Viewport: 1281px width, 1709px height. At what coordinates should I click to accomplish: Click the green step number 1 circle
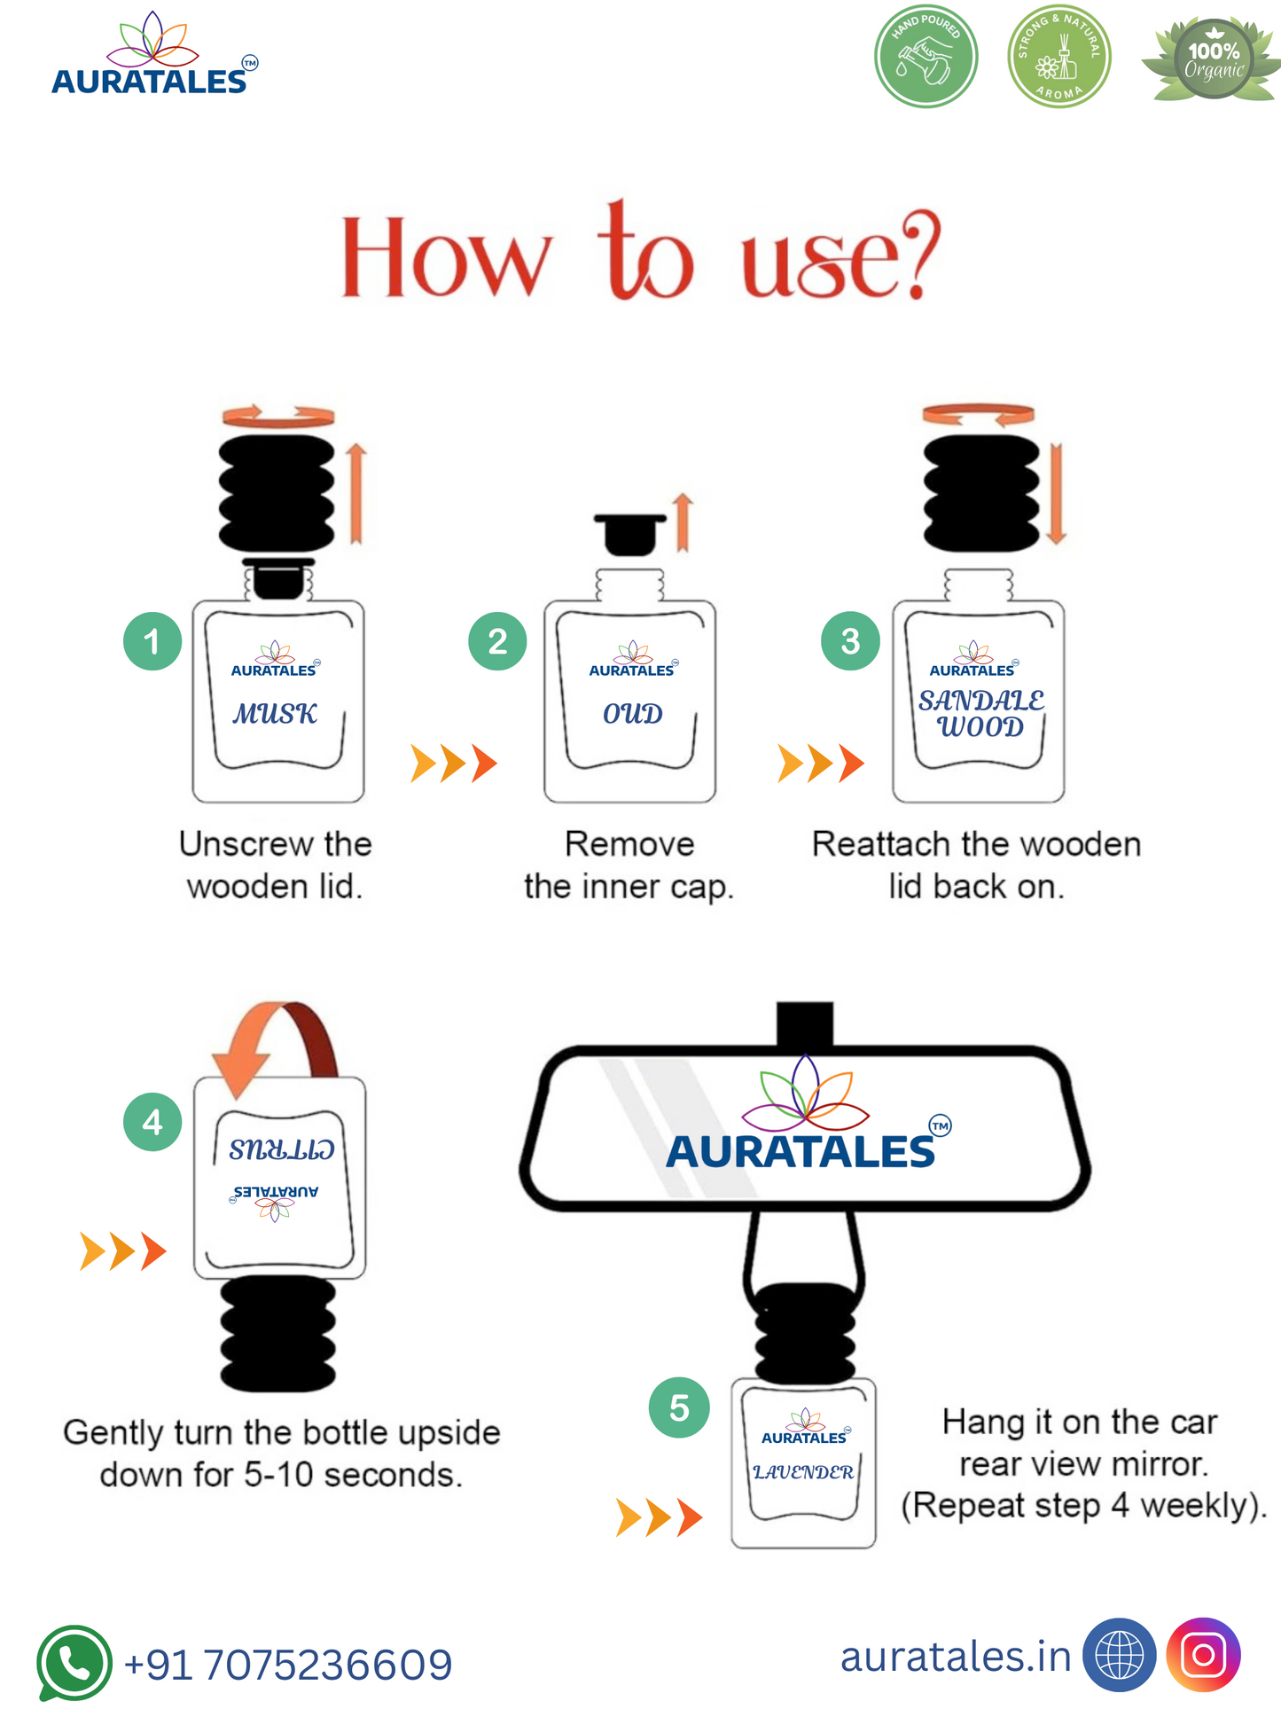point(152,641)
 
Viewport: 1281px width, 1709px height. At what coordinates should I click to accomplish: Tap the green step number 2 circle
point(497,641)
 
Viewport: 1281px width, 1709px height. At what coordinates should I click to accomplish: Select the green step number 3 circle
point(850,641)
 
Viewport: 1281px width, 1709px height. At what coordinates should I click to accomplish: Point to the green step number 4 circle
point(152,1122)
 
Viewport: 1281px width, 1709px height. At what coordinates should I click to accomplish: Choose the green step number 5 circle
point(679,1407)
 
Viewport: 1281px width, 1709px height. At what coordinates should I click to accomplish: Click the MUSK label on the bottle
point(275,714)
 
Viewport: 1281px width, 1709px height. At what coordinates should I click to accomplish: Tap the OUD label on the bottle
point(632,714)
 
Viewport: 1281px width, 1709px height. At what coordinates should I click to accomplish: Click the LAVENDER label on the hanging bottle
point(803,1472)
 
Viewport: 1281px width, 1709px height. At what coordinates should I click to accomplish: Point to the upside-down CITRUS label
point(281,1150)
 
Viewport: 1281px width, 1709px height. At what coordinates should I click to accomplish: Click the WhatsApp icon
point(74,1663)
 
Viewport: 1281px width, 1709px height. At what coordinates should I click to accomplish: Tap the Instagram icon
point(1203,1655)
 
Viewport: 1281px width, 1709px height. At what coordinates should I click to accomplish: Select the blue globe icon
point(1120,1655)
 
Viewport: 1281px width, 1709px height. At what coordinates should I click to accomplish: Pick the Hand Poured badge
point(926,57)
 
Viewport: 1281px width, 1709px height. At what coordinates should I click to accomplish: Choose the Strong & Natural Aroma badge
point(1058,57)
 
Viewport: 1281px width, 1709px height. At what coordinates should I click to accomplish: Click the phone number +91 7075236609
point(288,1665)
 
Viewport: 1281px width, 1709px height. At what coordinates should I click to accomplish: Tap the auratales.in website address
point(956,1657)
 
